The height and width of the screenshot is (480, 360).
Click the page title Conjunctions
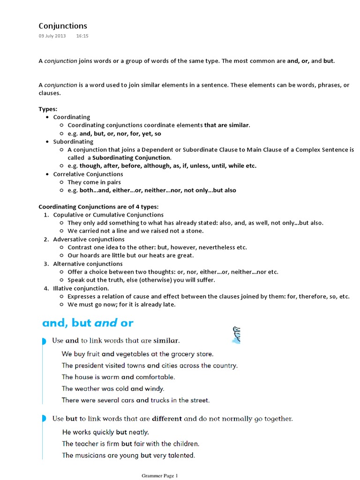coord(63,26)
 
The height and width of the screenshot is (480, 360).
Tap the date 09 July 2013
coord(52,36)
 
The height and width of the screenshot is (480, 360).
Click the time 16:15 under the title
coord(82,36)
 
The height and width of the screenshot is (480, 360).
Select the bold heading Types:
coord(48,109)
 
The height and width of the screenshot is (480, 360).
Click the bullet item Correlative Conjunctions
coord(88,174)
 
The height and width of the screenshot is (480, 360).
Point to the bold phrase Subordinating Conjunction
coord(132,157)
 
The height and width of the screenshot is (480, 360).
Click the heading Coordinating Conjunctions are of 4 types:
coord(98,207)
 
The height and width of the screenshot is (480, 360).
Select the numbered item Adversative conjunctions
coord(89,239)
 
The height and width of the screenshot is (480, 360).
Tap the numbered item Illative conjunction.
coord(81,288)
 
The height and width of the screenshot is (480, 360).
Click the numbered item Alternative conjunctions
coord(88,264)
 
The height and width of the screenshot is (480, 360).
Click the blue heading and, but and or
coord(88,322)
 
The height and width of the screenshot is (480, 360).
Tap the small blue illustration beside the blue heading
coord(235,335)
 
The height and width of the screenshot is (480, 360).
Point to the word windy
coord(155,389)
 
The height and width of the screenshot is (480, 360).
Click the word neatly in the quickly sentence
coord(139,432)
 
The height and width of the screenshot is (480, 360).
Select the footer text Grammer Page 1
coord(160,476)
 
